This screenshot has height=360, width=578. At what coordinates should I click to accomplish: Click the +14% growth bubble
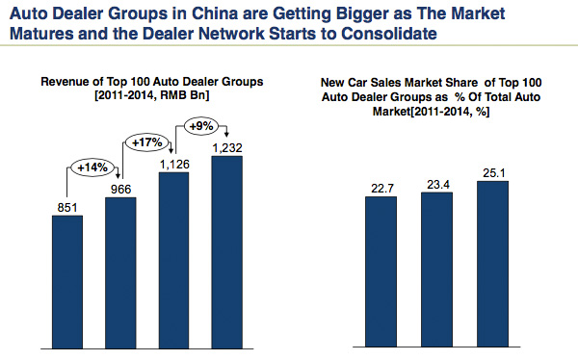tap(92, 167)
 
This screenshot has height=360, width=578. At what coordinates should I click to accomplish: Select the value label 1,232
tap(226, 144)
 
